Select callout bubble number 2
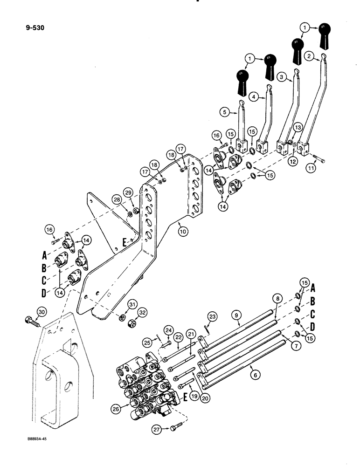coord(308,56)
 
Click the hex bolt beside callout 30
coord(29,321)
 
